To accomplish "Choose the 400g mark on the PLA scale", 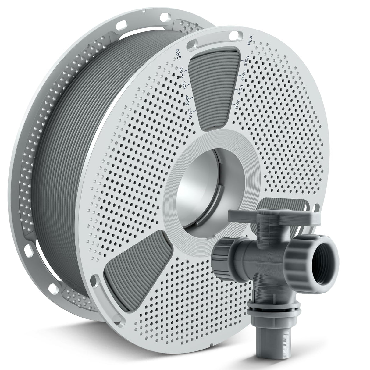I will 240,90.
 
